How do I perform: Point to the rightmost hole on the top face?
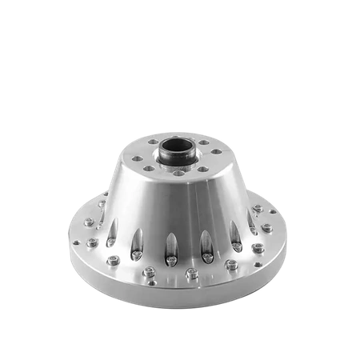(x=217, y=152)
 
